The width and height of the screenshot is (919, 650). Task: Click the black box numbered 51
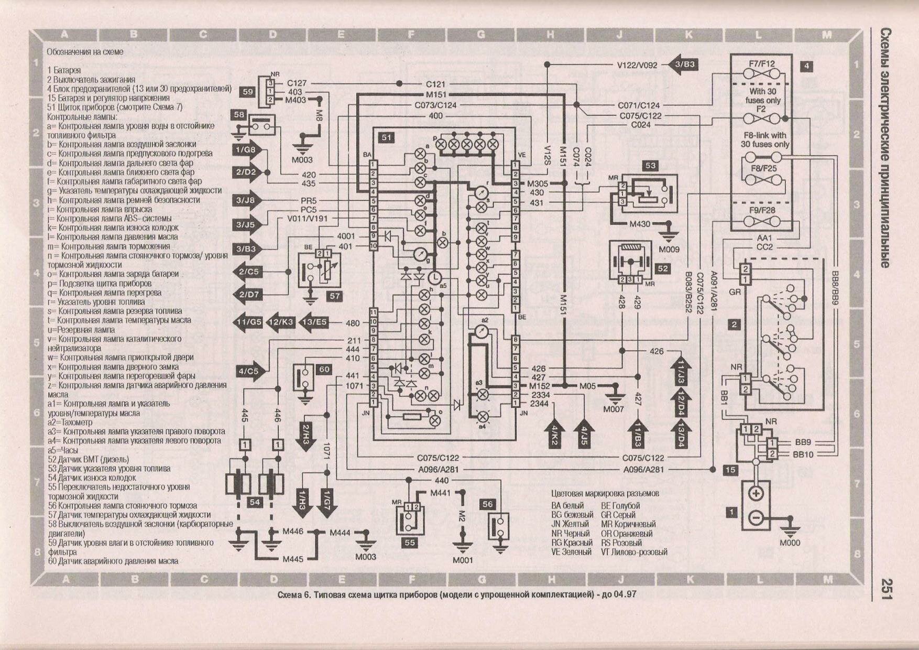click(x=386, y=137)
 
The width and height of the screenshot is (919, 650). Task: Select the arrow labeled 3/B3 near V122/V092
click(x=683, y=64)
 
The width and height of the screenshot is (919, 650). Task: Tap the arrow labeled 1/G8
click(x=247, y=150)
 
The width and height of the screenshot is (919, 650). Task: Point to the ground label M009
click(x=669, y=250)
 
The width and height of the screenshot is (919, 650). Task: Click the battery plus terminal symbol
click(x=756, y=494)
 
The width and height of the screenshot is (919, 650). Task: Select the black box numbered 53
click(x=650, y=166)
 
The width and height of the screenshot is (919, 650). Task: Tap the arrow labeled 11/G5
click(x=248, y=322)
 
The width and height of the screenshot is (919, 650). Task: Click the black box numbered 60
click(x=324, y=370)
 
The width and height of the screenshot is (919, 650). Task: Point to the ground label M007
click(x=613, y=409)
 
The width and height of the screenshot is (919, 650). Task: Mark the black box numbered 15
click(x=730, y=470)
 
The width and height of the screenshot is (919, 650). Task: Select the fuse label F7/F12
click(x=762, y=64)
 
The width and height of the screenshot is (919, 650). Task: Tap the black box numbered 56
click(x=487, y=504)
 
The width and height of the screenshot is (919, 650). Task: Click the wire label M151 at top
click(x=436, y=95)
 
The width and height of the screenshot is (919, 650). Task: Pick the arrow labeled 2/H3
click(x=307, y=433)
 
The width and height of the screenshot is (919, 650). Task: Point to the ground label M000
click(x=790, y=543)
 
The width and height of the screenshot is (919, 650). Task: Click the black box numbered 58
click(x=239, y=115)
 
